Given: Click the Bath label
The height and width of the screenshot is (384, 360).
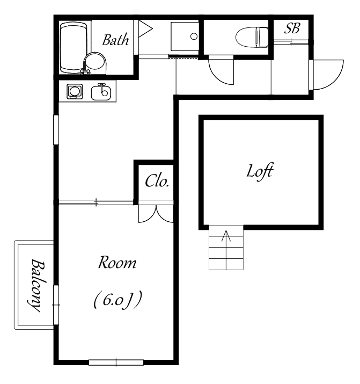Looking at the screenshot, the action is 115,40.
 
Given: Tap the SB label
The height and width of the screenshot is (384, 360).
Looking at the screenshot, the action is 292,28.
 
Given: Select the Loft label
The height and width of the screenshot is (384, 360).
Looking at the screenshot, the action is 260,172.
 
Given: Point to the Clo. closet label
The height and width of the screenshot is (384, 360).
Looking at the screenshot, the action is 157,181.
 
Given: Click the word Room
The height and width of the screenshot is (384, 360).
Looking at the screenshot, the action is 117,263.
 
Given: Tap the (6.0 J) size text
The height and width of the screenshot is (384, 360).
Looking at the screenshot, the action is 117,300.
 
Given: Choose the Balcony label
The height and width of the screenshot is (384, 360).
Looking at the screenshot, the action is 36,286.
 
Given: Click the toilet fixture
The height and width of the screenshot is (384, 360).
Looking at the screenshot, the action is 252,37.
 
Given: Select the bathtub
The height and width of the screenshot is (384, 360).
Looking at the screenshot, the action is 74,47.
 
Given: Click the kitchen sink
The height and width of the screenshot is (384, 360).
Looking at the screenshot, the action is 101,92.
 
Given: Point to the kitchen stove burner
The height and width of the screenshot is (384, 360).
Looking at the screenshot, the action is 75,91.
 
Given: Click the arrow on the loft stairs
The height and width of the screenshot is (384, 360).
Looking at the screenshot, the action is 226,250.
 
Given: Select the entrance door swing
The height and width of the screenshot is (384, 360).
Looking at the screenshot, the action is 326,75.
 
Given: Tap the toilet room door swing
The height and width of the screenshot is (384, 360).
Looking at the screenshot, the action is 221,70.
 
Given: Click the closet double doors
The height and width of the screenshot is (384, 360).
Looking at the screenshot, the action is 156,214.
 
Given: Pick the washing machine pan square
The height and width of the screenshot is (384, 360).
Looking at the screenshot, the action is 185,36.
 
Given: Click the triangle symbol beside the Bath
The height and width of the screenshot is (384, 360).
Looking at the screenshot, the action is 145,28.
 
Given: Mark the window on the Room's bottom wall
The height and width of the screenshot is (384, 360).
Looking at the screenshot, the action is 116,363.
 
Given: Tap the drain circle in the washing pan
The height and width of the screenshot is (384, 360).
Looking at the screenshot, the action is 194,36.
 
